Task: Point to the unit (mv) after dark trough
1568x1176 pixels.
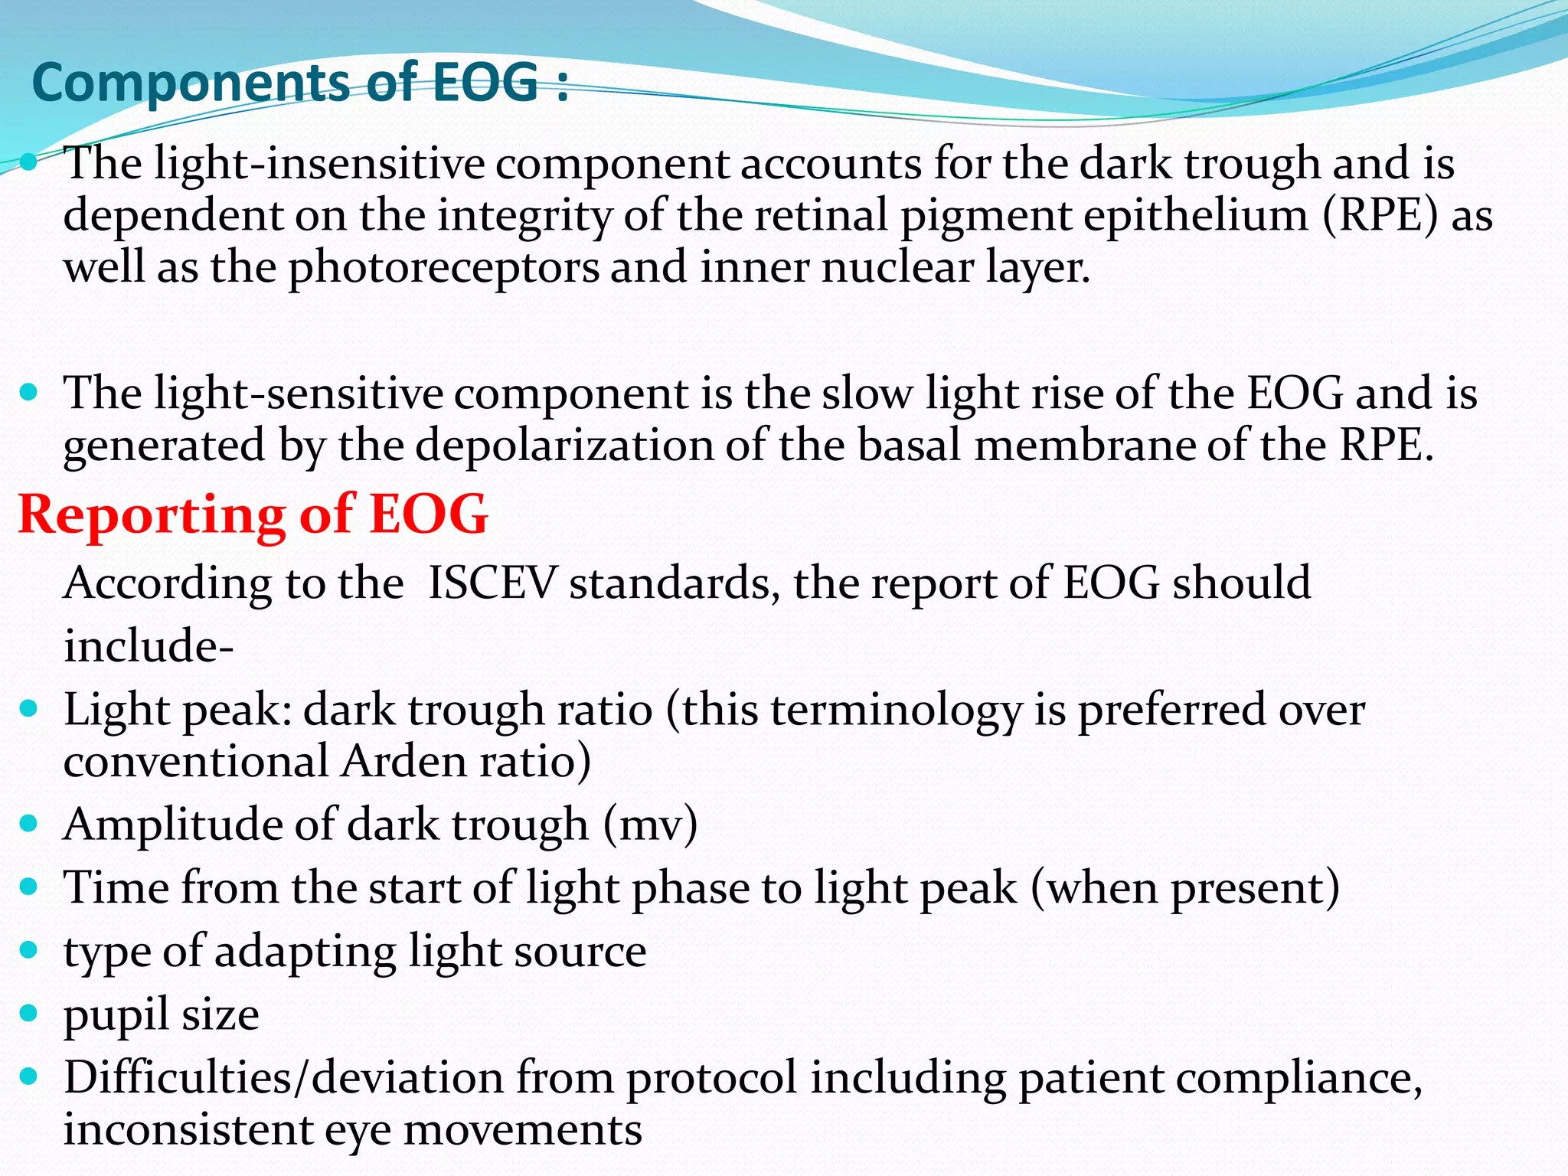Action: coord(650,825)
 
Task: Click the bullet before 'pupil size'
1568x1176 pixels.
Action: coord(29,1014)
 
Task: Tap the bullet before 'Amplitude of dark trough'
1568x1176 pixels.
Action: coord(29,824)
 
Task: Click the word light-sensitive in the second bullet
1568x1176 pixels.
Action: coord(299,394)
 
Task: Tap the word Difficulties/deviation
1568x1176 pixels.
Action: coord(283,1078)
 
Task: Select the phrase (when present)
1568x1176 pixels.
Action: coord(1184,888)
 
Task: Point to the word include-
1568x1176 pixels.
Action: coord(149,646)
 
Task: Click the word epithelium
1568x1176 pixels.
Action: coord(1195,215)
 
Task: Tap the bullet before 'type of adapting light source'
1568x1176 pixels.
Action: coord(29,950)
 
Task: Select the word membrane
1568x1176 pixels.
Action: coord(1084,446)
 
